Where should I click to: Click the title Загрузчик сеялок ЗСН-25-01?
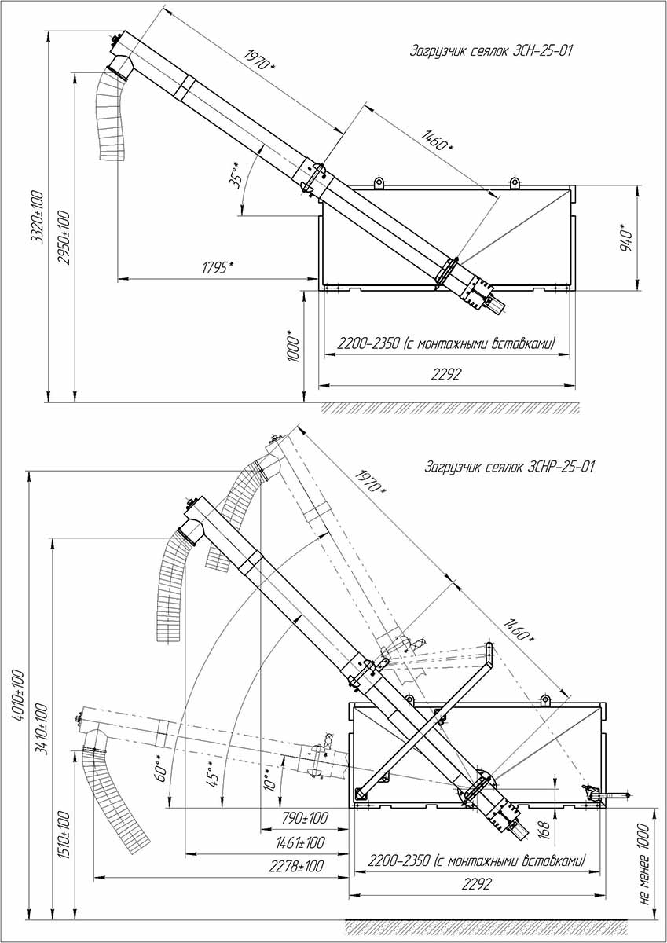point(492,52)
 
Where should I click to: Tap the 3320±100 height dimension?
point(36,216)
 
